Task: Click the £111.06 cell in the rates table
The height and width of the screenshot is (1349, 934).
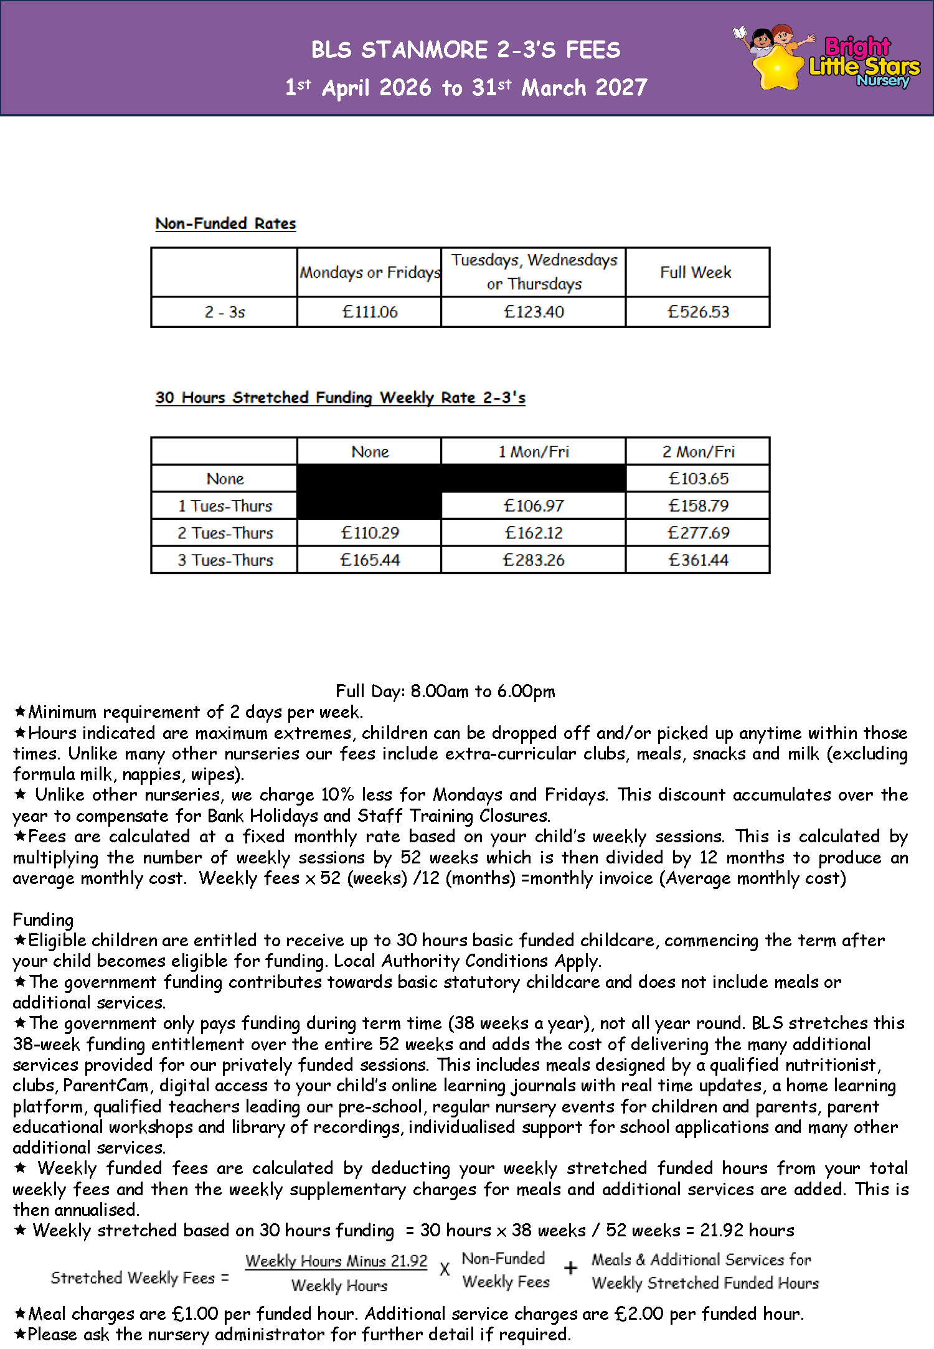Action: click(x=370, y=312)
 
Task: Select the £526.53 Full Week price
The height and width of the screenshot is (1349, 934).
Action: click(x=698, y=312)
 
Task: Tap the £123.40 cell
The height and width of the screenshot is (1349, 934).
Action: click(x=534, y=312)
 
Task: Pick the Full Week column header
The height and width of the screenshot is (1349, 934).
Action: click(x=696, y=273)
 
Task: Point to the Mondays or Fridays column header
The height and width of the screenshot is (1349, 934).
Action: click(x=370, y=273)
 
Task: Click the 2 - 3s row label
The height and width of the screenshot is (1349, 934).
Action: click(x=225, y=312)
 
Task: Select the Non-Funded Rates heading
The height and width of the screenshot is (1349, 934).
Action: click(x=225, y=223)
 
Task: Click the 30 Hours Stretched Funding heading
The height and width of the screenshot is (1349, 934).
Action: click(x=340, y=398)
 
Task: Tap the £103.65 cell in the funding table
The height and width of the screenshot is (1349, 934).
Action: click(x=698, y=479)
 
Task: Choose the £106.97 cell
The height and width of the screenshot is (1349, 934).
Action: click(x=534, y=505)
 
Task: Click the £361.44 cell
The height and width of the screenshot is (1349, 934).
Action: click(x=698, y=560)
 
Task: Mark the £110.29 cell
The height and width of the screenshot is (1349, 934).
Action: click(x=370, y=533)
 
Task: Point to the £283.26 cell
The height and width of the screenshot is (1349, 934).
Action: click(x=534, y=560)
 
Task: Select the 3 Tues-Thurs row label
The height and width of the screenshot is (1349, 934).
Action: click(x=225, y=560)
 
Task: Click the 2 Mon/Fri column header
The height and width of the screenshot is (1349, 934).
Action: click(x=698, y=452)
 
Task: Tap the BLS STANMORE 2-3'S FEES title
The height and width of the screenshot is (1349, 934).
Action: click(x=466, y=50)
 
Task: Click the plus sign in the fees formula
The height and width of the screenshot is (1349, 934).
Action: click(x=570, y=1268)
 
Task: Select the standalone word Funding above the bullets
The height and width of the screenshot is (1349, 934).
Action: click(x=43, y=919)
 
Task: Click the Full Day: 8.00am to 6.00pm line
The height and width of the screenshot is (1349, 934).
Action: click(x=445, y=691)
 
